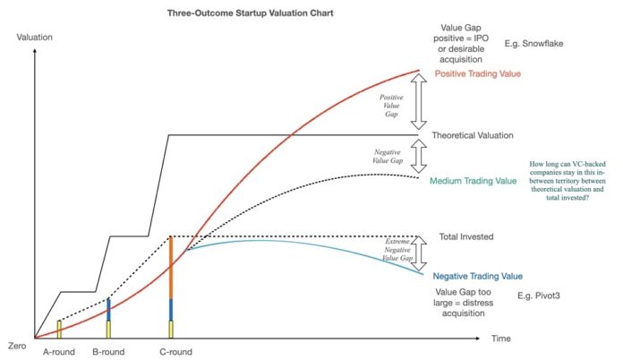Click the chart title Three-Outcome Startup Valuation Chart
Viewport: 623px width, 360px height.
pos(250,13)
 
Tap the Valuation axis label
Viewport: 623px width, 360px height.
pos(34,38)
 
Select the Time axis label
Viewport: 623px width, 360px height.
pos(501,339)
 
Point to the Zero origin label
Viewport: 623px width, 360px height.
pos(17,346)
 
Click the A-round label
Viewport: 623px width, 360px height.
pos(59,352)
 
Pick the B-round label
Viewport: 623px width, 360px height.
pos(108,352)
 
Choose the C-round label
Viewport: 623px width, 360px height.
pos(175,352)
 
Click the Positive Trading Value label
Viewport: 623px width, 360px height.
pos(478,74)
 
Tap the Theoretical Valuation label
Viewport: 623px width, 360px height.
pos(473,135)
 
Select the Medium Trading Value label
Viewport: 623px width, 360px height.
pos(474,181)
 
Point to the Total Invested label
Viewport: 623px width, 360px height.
pos(466,236)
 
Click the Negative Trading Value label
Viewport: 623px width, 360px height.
pos(478,276)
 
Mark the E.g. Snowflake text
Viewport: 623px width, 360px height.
pos(533,44)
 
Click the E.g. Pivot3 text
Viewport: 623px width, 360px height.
pos(538,296)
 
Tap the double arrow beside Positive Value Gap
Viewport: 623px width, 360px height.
pos(418,102)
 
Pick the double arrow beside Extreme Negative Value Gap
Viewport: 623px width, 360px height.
pos(418,254)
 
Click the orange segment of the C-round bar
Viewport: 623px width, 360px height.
pos(171,268)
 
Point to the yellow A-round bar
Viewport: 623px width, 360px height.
pos(59,330)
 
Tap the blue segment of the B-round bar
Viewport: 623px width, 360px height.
pos(108,310)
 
